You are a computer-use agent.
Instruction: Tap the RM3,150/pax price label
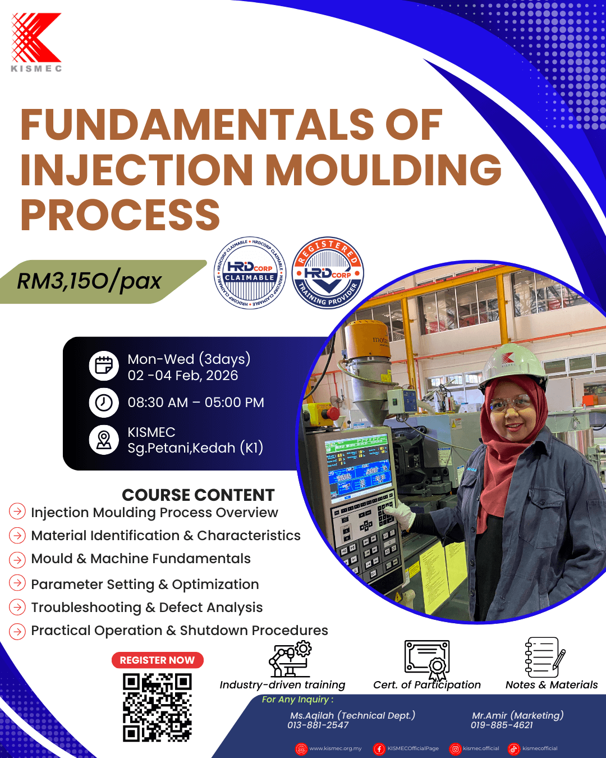pos(89,281)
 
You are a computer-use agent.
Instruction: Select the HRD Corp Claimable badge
pos(250,273)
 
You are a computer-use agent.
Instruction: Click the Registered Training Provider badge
pos(328,273)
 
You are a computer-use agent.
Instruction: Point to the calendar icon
pos(104,366)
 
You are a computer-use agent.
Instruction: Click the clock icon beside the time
pos(104,403)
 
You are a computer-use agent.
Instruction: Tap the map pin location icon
pos(104,440)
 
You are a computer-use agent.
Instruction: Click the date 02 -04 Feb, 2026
pos(183,376)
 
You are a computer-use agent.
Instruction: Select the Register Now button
pos(158,660)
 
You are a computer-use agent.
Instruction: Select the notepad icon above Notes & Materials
pos(545,657)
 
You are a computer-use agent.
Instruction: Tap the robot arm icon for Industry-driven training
pos(290,659)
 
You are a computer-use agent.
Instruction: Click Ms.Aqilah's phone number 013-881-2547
pos(318,725)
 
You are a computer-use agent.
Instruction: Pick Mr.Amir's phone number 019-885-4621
pos(502,725)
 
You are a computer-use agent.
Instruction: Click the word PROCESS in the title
pos(120,214)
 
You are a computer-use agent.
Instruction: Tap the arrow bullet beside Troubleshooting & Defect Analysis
pos(17,608)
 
